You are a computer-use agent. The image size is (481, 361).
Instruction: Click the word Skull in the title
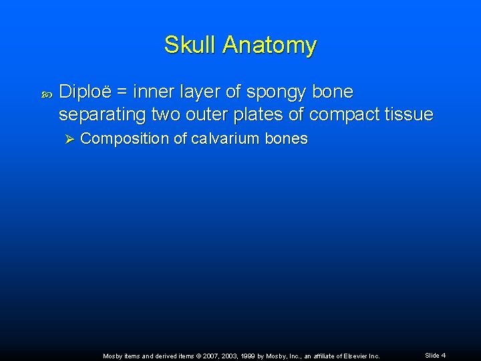(x=191, y=45)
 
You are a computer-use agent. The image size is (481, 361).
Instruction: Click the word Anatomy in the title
(x=270, y=45)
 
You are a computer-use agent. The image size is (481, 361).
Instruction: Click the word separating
(x=102, y=115)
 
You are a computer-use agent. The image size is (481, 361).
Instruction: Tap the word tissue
(x=408, y=114)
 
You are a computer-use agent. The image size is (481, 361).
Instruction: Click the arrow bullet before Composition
(x=67, y=139)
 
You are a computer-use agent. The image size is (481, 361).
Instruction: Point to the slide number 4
(x=443, y=355)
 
